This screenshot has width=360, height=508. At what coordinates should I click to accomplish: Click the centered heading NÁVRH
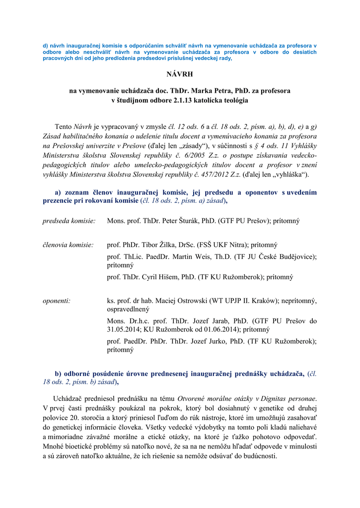click(x=180, y=75)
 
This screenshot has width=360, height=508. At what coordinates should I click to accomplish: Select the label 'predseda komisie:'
click(x=69, y=220)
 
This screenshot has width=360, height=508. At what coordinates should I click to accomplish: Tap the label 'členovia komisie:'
click(x=68, y=245)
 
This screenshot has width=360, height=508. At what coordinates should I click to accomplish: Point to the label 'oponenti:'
click(x=56, y=301)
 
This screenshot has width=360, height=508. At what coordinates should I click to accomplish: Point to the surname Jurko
click(x=214, y=341)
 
